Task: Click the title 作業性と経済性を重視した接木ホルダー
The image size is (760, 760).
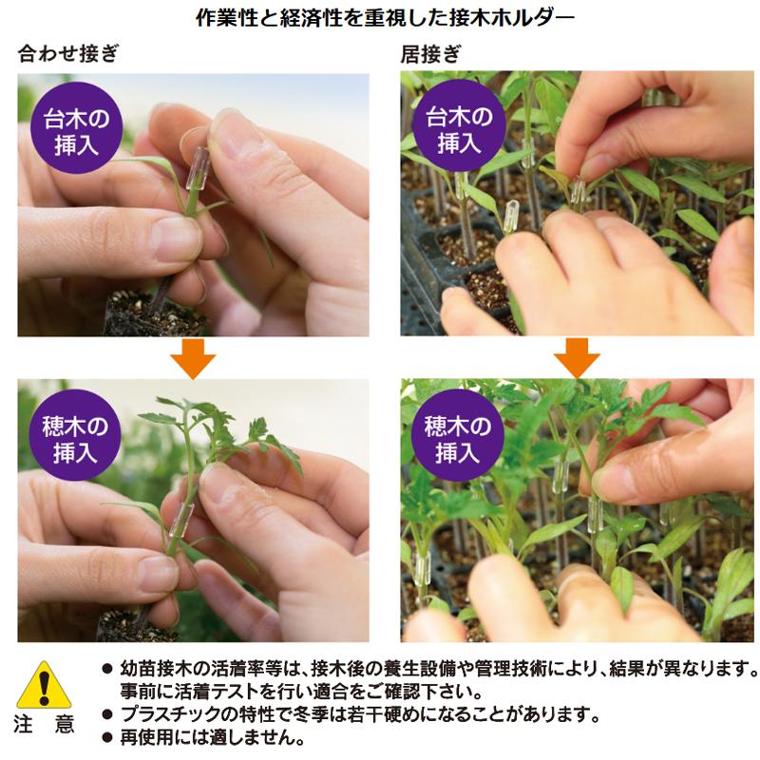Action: coord(385,18)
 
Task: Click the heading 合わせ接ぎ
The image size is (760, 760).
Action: coord(67,53)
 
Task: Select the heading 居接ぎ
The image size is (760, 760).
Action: coord(430,54)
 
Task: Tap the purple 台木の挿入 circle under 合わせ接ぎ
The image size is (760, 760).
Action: coord(77,128)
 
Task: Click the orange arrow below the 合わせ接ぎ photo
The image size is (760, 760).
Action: coord(193,359)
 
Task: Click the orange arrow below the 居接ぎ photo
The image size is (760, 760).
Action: coord(577,358)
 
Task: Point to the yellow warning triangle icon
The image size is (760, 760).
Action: coord(44,685)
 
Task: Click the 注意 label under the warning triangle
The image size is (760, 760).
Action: coord(44,725)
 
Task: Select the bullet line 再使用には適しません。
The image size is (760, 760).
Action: coord(212,738)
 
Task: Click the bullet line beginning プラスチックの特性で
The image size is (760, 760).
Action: coord(360,714)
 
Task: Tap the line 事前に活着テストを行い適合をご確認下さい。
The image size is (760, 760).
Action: coord(301,692)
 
